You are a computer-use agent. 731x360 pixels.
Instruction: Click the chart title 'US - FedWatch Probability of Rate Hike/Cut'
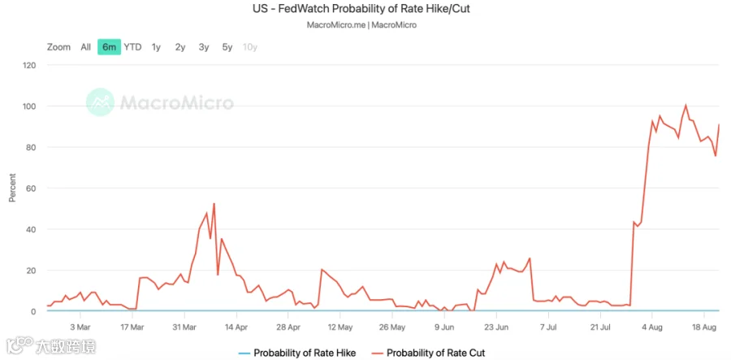pyautogui.click(x=361, y=9)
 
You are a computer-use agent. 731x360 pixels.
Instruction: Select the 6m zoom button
pyautogui.click(x=109, y=46)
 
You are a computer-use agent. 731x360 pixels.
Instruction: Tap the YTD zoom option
pyautogui.click(x=132, y=47)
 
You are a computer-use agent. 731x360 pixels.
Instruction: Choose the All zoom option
pyautogui.click(x=86, y=47)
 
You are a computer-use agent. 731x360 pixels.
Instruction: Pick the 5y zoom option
pyautogui.click(x=227, y=47)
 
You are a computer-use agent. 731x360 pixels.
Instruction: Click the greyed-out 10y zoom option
pyautogui.click(x=250, y=47)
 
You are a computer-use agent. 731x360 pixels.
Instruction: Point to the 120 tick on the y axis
pyautogui.click(x=29, y=65)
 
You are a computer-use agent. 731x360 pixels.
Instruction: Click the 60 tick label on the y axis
pyautogui.click(x=32, y=189)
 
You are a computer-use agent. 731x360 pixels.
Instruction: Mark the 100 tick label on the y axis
pyautogui.click(x=29, y=106)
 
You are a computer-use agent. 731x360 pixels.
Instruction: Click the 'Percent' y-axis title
pyautogui.click(x=12, y=188)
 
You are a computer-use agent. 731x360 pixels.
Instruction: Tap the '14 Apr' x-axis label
pyautogui.click(x=236, y=327)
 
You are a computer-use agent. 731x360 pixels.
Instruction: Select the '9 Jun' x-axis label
pyautogui.click(x=444, y=327)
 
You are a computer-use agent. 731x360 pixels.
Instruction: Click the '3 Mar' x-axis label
pyautogui.click(x=80, y=327)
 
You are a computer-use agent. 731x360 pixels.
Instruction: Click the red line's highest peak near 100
pyautogui.click(x=686, y=106)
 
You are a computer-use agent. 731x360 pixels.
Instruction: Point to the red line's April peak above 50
pyautogui.click(x=214, y=203)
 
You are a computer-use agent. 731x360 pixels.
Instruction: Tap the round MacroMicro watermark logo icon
pyautogui.click(x=100, y=102)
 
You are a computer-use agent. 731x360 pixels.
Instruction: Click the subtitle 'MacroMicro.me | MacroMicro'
pyautogui.click(x=361, y=25)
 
